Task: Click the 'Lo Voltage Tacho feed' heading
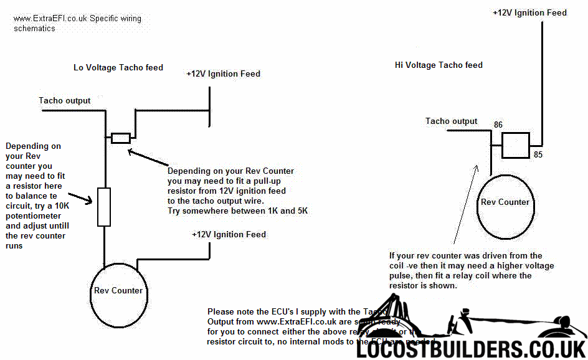pyautogui.click(x=118, y=67)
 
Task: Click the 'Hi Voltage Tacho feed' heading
pyautogui.click(x=439, y=65)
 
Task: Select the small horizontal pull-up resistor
pyautogui.click(x=120, y=138)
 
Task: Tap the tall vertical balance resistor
pyautogui.click(x=105, y=207)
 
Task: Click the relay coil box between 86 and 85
pyautogui.click(x=516, y=144)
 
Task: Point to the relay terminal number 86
pyautogui.click(x=498, y=125)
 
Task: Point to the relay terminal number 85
pyautogui.click(x=538, y=154)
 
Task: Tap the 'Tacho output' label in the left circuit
pyautogui.click(x=64, y=100)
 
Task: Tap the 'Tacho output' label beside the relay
pyautogui.click(x=452, y=121)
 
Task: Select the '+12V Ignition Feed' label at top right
pyautogui.click(x=529, y=12)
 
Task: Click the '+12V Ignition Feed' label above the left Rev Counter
pyautogui.click(x=229, y=234)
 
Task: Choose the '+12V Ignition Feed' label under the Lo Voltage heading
pyautogui.click(x=223, y=73)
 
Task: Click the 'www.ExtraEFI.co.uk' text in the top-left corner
pyautogui.click(x=50, y=19)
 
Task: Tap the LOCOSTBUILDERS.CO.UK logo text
pyautogui.click(x=471, y=349)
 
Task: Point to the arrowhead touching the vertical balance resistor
pyautogui.click(x=94, y=201)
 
